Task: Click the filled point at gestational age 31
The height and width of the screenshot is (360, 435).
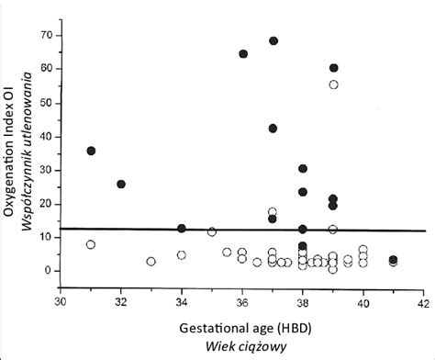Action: coord(91,151)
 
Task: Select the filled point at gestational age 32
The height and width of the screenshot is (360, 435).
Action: coord(121,184)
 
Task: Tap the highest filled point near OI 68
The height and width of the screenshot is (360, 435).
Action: coord(273,41)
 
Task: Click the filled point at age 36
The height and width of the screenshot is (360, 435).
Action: coord(243,54)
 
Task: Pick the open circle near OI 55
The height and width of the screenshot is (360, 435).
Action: coord(334,84)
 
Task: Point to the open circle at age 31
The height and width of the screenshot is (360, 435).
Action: coord(91,244)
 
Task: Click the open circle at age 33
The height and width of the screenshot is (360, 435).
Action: coord(151,262)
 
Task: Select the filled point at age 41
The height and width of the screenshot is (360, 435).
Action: coord(394,261)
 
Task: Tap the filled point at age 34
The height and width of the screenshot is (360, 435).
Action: coord(182,228)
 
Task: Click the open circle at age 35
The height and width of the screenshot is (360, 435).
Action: coord(212,232)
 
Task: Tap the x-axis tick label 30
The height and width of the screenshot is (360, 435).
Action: coord(61,300)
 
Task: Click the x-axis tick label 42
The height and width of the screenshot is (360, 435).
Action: coord(424,300)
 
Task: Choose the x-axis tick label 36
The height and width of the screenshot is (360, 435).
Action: coord(242,300)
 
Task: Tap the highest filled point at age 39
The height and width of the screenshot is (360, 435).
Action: coord(334,68)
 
